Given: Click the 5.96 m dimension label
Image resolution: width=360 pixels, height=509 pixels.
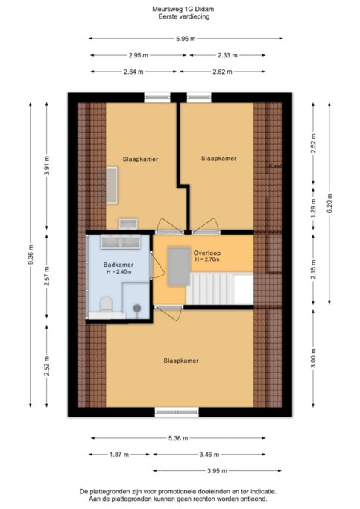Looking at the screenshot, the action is click(x=186, y=39).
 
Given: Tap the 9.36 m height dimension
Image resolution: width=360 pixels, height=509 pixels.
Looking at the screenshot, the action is click(x=31, y=255).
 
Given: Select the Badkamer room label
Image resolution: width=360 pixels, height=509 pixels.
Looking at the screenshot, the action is click(x=119, y=265).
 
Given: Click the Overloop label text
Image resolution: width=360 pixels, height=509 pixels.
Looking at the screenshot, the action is click(x=207, y=253).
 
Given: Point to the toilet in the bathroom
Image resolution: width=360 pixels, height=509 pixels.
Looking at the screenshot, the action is click(x=106, y=304).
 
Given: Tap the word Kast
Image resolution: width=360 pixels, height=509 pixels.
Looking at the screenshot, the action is click(x=275, y=166).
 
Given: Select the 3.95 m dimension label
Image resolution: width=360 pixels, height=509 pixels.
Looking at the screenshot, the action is click(x=217, y=471).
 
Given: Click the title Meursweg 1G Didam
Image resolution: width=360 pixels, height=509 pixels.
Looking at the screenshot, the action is click(x=183, y=9).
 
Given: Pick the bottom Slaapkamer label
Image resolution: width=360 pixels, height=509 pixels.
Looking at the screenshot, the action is click(x=181, y=361).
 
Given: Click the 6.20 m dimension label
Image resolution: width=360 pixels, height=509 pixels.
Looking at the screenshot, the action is click(x=329, y=203).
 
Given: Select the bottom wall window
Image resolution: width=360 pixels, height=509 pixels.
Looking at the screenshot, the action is click(x=177, y=412).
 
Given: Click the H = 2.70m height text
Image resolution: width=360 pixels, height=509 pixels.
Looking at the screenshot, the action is click(x=207, y=259).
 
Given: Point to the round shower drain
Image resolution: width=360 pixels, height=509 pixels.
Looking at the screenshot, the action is click(x=137, y=308).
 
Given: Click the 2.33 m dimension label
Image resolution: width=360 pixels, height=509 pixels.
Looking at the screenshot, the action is click(x=227, y=55).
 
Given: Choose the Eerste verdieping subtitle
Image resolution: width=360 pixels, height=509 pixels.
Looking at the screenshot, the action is click(x=184, y=16).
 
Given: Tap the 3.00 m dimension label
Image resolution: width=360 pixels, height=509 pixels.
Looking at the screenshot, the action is click(x=314, y=358).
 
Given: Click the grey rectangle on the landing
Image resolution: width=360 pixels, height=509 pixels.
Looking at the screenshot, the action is click(x=179, y=267).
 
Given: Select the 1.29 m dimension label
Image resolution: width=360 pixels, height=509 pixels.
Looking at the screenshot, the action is click(x=314, y=209).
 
